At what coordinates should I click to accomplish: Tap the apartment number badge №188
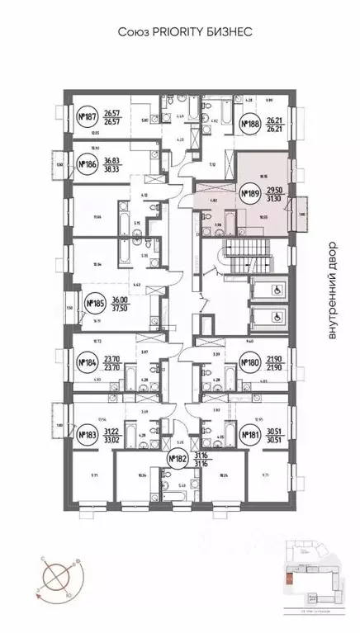click(249, 125)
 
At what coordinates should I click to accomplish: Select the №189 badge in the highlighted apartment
click(249, 194)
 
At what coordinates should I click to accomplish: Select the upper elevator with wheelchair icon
click(269, 288)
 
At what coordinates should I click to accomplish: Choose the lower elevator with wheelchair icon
click(269, 316)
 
